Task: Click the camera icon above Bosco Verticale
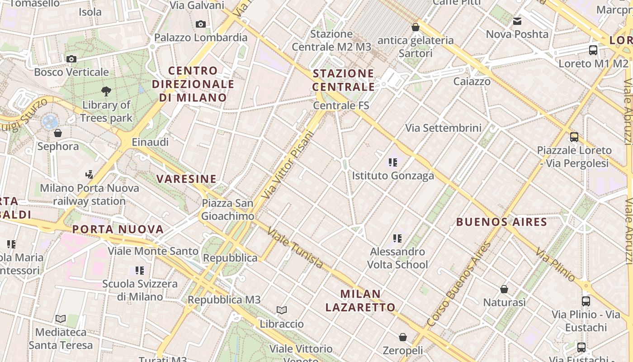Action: coord(71,59)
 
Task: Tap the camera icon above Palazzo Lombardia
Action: coord(201,24)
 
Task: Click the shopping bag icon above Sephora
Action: coord(58,133)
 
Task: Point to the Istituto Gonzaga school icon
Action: coord(393,162)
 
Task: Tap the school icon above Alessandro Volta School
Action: coord(397,238)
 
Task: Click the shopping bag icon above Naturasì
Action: coord(504,289)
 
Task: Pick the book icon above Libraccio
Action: coord(282,310)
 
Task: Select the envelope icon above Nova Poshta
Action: coord(517,21)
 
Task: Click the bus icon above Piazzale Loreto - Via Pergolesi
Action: coord(574,137)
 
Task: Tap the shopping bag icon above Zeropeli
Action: coord(403,337)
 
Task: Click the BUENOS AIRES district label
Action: coord(501,222)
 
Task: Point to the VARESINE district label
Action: coord(187,179)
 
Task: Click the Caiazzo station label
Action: coord(472,81)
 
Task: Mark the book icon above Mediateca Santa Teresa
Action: coord(61,319)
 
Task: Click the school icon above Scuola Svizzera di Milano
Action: coord(140,271)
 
